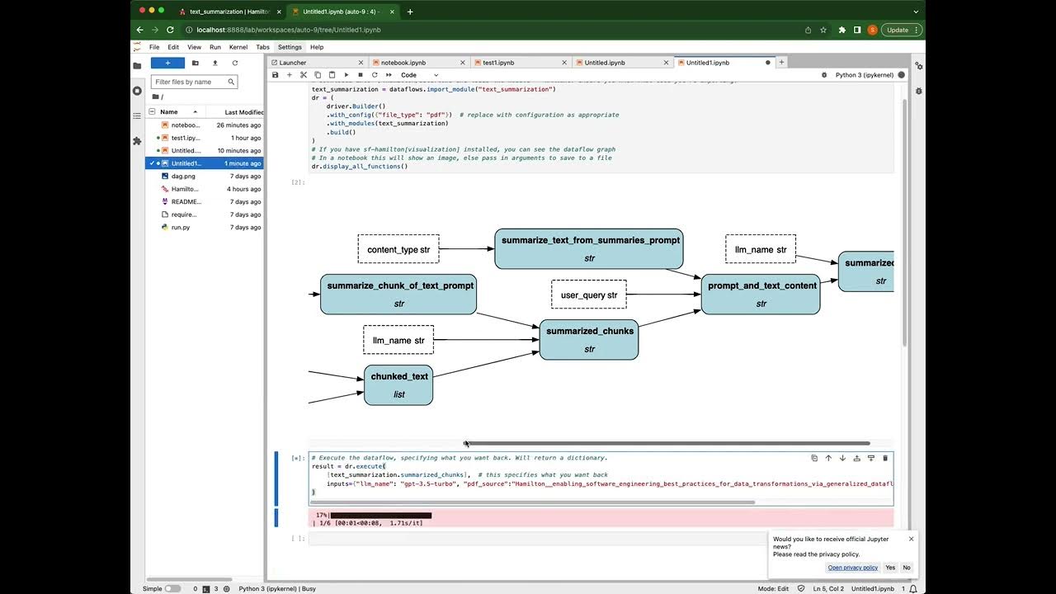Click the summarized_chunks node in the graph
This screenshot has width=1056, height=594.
589,339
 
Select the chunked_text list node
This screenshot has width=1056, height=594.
398,384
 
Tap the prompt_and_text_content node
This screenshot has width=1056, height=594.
761,294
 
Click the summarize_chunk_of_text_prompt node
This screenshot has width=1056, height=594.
399,294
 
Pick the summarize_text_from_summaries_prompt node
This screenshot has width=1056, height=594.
589,248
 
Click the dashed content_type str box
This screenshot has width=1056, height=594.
398,249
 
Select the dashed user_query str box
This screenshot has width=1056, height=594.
589,295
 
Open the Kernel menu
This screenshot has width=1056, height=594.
238,47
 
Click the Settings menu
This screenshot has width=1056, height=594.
290,47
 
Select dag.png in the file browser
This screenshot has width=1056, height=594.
183,177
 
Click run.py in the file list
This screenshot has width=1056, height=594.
181,227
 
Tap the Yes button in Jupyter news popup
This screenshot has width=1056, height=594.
890,568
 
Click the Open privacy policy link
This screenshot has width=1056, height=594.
853,568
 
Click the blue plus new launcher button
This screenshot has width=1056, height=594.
167,63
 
